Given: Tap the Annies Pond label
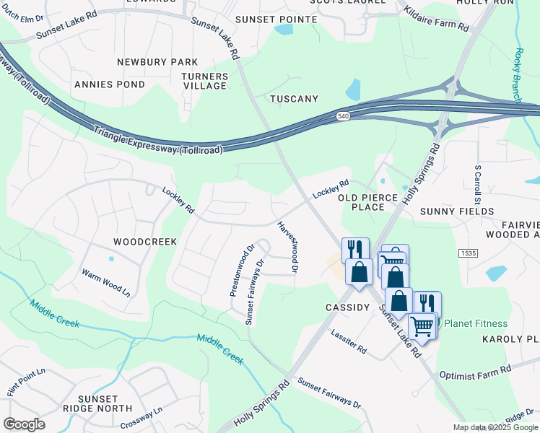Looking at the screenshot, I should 110,84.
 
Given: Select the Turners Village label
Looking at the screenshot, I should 205,81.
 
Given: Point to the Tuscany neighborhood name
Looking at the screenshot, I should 294,98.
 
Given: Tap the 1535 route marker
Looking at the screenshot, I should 468,253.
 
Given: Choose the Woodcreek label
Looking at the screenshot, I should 145,241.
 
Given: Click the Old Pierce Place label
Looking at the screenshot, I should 373,202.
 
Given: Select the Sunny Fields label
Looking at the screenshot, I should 459,211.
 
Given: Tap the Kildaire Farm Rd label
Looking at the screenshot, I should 436,20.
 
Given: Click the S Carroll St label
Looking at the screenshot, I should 477,183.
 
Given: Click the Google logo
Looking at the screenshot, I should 24,424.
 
